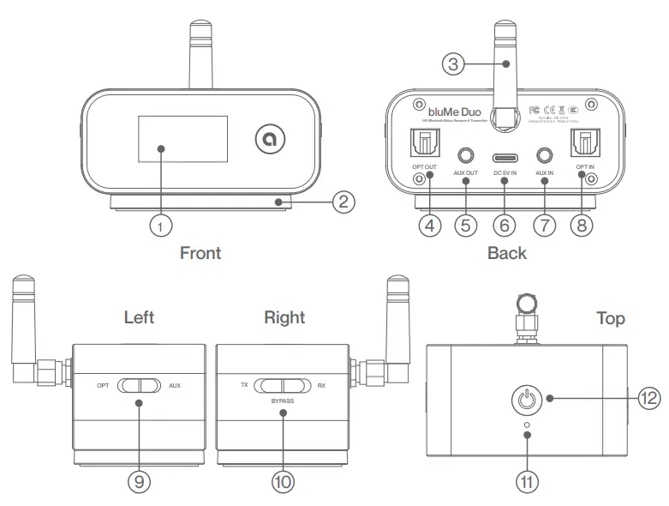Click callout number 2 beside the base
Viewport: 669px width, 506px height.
tap(342, 202)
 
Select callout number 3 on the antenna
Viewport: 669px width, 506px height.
tap(454, 63)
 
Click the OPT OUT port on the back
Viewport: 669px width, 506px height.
tap(424, 138)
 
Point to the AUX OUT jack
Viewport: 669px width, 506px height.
tap(466, 155)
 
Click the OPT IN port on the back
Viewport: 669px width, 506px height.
tap(585, 138)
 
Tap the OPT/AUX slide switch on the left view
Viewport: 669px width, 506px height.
tap(139, 386)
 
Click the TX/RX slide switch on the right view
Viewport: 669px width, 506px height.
tap(283, 386)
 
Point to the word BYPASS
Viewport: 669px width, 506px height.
tap(283, 400)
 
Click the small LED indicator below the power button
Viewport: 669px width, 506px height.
tap(526, 424)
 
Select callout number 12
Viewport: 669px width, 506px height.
tap(648, 398)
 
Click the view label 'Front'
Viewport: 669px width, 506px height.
tap(200, 253)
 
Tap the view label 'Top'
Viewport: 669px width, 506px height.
tap(610, 318)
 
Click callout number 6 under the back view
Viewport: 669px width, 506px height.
tap(504, 226)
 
